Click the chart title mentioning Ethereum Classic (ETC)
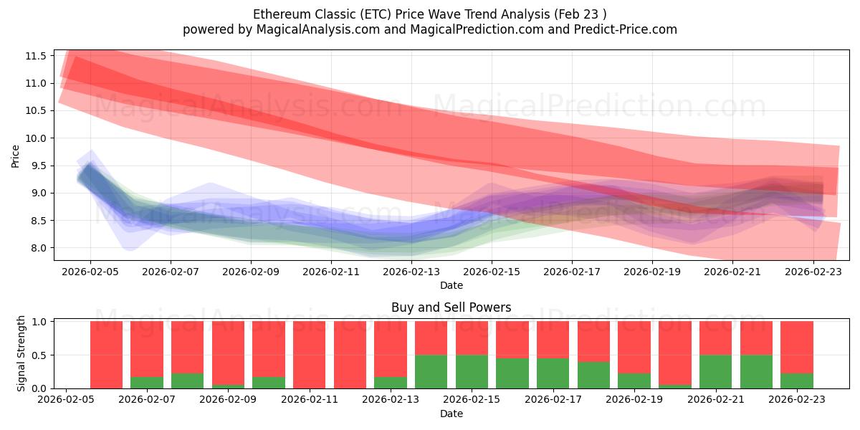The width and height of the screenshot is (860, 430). (429, 14)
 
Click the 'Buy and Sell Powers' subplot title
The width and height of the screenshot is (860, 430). (451, 307)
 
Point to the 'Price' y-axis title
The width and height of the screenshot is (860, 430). (16, 156)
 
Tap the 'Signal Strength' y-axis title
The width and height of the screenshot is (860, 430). (21, 353)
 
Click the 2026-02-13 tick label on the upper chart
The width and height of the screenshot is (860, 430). (411, 273)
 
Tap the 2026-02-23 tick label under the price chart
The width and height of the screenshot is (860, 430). (813, 273)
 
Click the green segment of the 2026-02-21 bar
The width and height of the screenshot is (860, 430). (715, 371)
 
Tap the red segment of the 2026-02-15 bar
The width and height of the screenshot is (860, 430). (472, 338)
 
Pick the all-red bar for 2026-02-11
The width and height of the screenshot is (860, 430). (310, 355)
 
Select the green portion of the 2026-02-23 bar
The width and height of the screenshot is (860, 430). (796, 381)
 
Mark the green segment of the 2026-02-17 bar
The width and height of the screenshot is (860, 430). (553, 373)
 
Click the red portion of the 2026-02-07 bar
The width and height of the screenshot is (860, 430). (147, 348)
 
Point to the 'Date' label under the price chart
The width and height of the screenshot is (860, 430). (451, 285)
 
